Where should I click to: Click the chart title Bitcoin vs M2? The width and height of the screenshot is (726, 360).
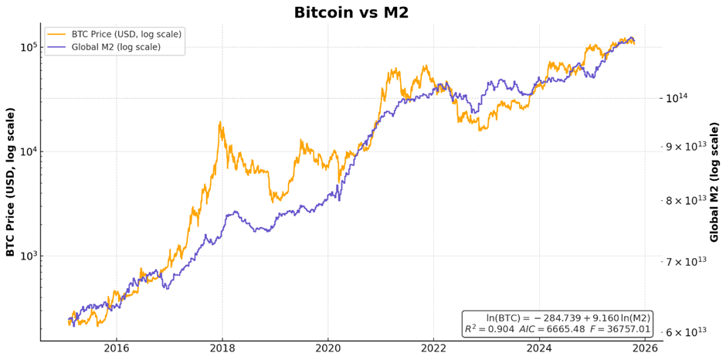(x=351, y=12)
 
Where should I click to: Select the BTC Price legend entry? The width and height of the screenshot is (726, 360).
(x=124, y=34)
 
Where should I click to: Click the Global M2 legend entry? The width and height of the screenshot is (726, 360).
(x=116, y=46)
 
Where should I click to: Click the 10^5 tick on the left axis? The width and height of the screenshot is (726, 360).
(x=29, y=47)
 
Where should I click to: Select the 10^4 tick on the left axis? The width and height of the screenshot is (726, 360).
(x=29, y=151)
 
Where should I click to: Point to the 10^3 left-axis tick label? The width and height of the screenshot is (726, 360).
(x=29, y=256)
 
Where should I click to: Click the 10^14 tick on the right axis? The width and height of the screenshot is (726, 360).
(x=677, y=98)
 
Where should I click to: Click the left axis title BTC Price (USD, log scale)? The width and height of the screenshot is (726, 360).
(x=11, y=182)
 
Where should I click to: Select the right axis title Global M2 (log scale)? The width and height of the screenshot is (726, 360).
(x=714, y=182)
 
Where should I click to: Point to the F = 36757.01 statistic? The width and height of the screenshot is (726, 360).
(x=620, y=329)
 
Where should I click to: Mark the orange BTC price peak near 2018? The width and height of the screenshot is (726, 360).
(x=221, y=122)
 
